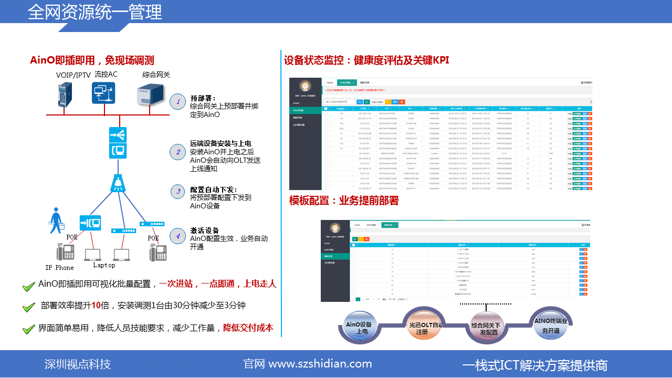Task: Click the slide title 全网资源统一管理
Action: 94,12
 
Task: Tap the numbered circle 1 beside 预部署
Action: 178,102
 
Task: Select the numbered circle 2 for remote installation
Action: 178,152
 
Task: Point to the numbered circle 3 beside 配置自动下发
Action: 178,192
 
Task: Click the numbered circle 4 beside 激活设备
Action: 178,236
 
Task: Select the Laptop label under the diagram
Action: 104,265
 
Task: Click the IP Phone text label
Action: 59,268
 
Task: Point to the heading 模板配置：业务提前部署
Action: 344,201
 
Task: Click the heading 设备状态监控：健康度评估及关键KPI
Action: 366,60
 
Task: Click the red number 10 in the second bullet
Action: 96,306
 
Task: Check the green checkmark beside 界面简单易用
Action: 29,329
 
